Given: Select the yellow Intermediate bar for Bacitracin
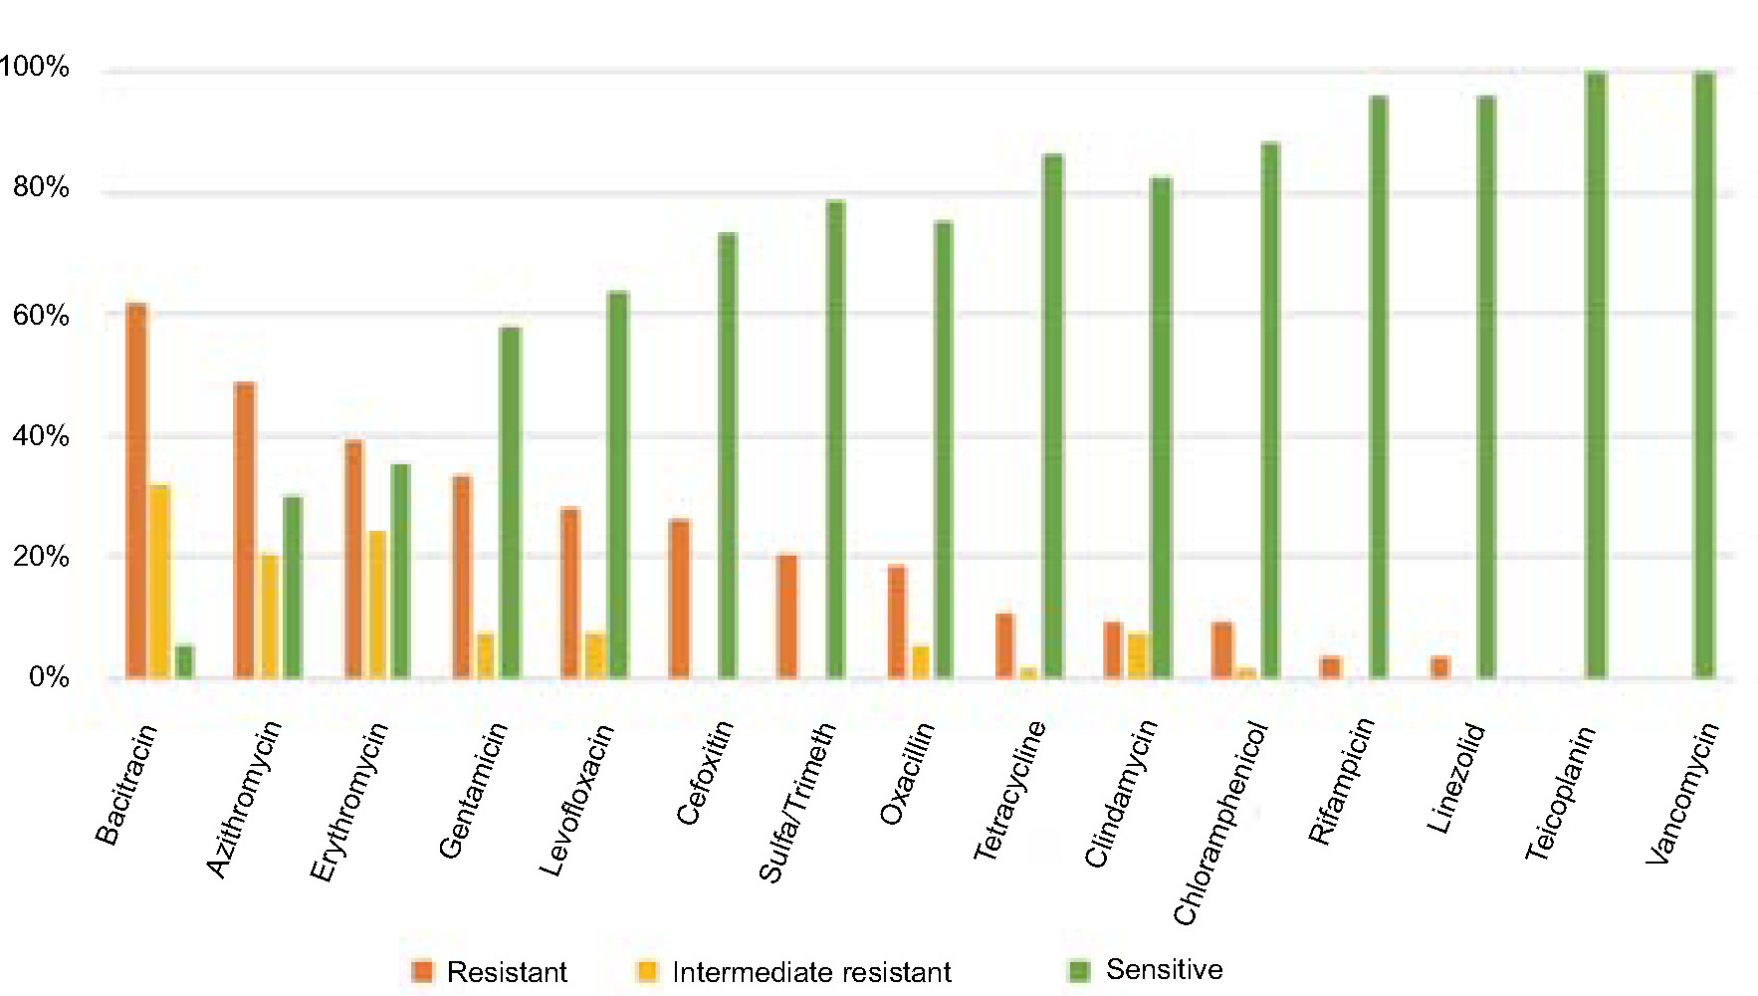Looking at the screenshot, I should pyautogui.click(x=159, y=582).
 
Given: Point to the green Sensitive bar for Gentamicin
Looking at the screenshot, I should pyautogui.click(x=510, y=503).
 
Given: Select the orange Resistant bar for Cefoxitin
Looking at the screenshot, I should pyautogui.click(x=680, y=599).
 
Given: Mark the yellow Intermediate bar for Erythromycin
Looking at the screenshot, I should pyautogui.click(x=376, y=605).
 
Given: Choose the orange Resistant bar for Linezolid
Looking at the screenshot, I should pyautogui.click(x=1439, y=667).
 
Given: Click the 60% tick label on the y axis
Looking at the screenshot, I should pyautogui.click(x=40, y=316).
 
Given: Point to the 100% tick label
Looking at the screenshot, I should pyautogui.click(x=34, y=68).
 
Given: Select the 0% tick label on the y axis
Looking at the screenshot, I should pyautogui.click(x=48, y=678).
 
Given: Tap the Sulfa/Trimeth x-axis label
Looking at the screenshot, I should pyautogui.click(x=797, y=803).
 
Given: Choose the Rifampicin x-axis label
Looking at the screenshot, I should pyautogui.click(x=1341, y=781).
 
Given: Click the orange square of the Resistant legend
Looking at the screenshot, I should pyautogui.click(x=422, y=972).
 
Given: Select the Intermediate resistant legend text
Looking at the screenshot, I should pyautogui.click(x=811, y=972).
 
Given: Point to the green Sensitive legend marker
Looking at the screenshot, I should pyautogui.click(x=1079, y=970).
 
